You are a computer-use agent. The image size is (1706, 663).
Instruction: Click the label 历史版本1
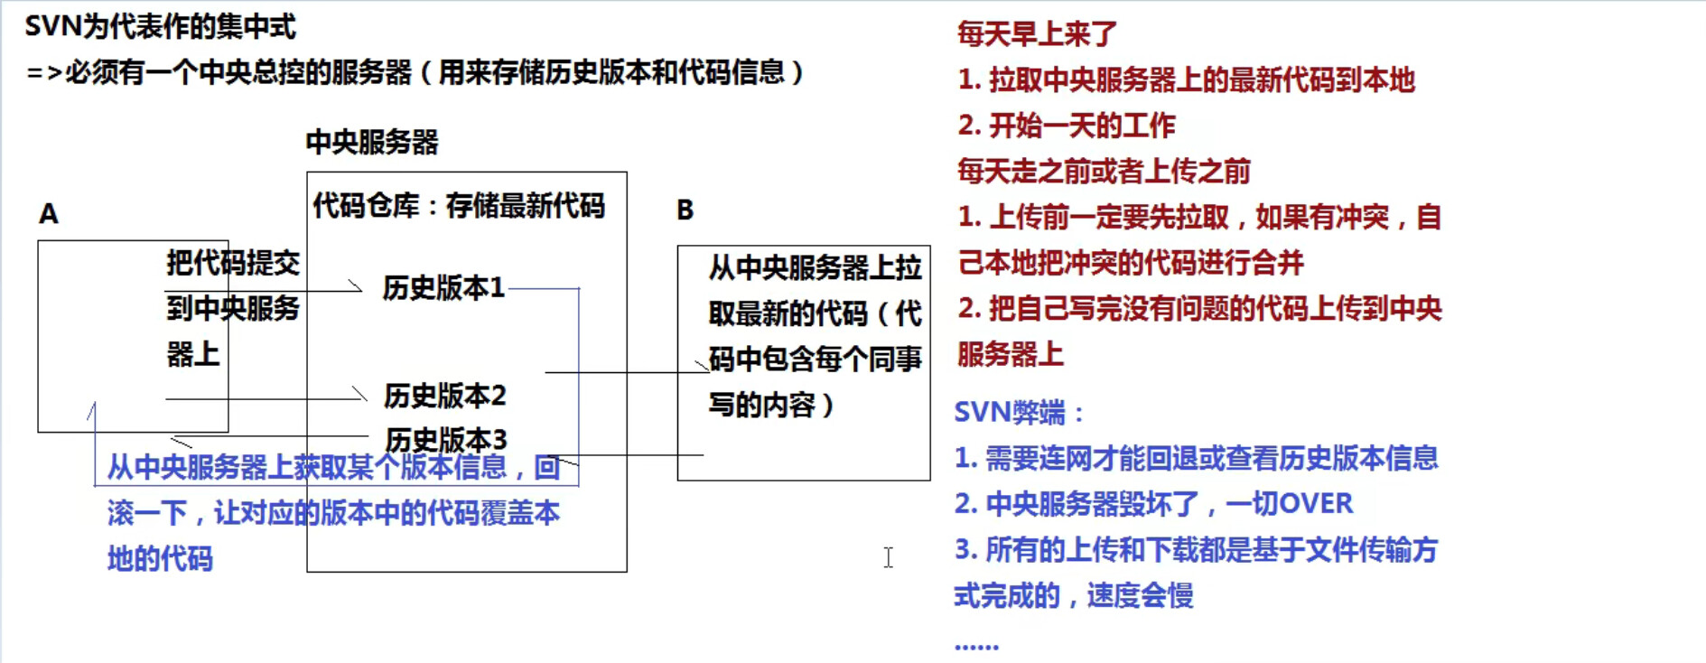443,288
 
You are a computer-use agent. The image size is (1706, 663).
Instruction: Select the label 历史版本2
444,396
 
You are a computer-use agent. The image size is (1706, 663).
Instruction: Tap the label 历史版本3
446,440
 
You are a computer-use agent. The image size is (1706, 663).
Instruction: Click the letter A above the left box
49,214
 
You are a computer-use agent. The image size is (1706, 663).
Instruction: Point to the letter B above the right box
685,210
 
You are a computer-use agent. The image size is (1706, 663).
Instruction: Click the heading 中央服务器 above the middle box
372,142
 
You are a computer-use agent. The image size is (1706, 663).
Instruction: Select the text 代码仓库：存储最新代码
459,206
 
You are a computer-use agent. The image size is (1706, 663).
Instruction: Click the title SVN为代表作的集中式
160,27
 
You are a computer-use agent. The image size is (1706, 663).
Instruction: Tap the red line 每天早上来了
1037,34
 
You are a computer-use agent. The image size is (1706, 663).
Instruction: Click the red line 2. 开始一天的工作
1067,126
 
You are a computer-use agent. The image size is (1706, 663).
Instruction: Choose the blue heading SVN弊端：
1019,413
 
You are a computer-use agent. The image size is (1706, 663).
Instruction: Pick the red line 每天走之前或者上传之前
1104,171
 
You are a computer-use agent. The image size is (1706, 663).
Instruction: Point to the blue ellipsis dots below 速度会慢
976,646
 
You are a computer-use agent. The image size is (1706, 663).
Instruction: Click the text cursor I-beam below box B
889,557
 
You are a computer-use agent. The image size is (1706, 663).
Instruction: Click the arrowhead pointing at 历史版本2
360,395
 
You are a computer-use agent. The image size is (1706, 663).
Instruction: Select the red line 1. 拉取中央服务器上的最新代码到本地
1186,80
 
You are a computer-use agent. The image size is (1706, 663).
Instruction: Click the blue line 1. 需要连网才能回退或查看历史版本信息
1196,458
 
